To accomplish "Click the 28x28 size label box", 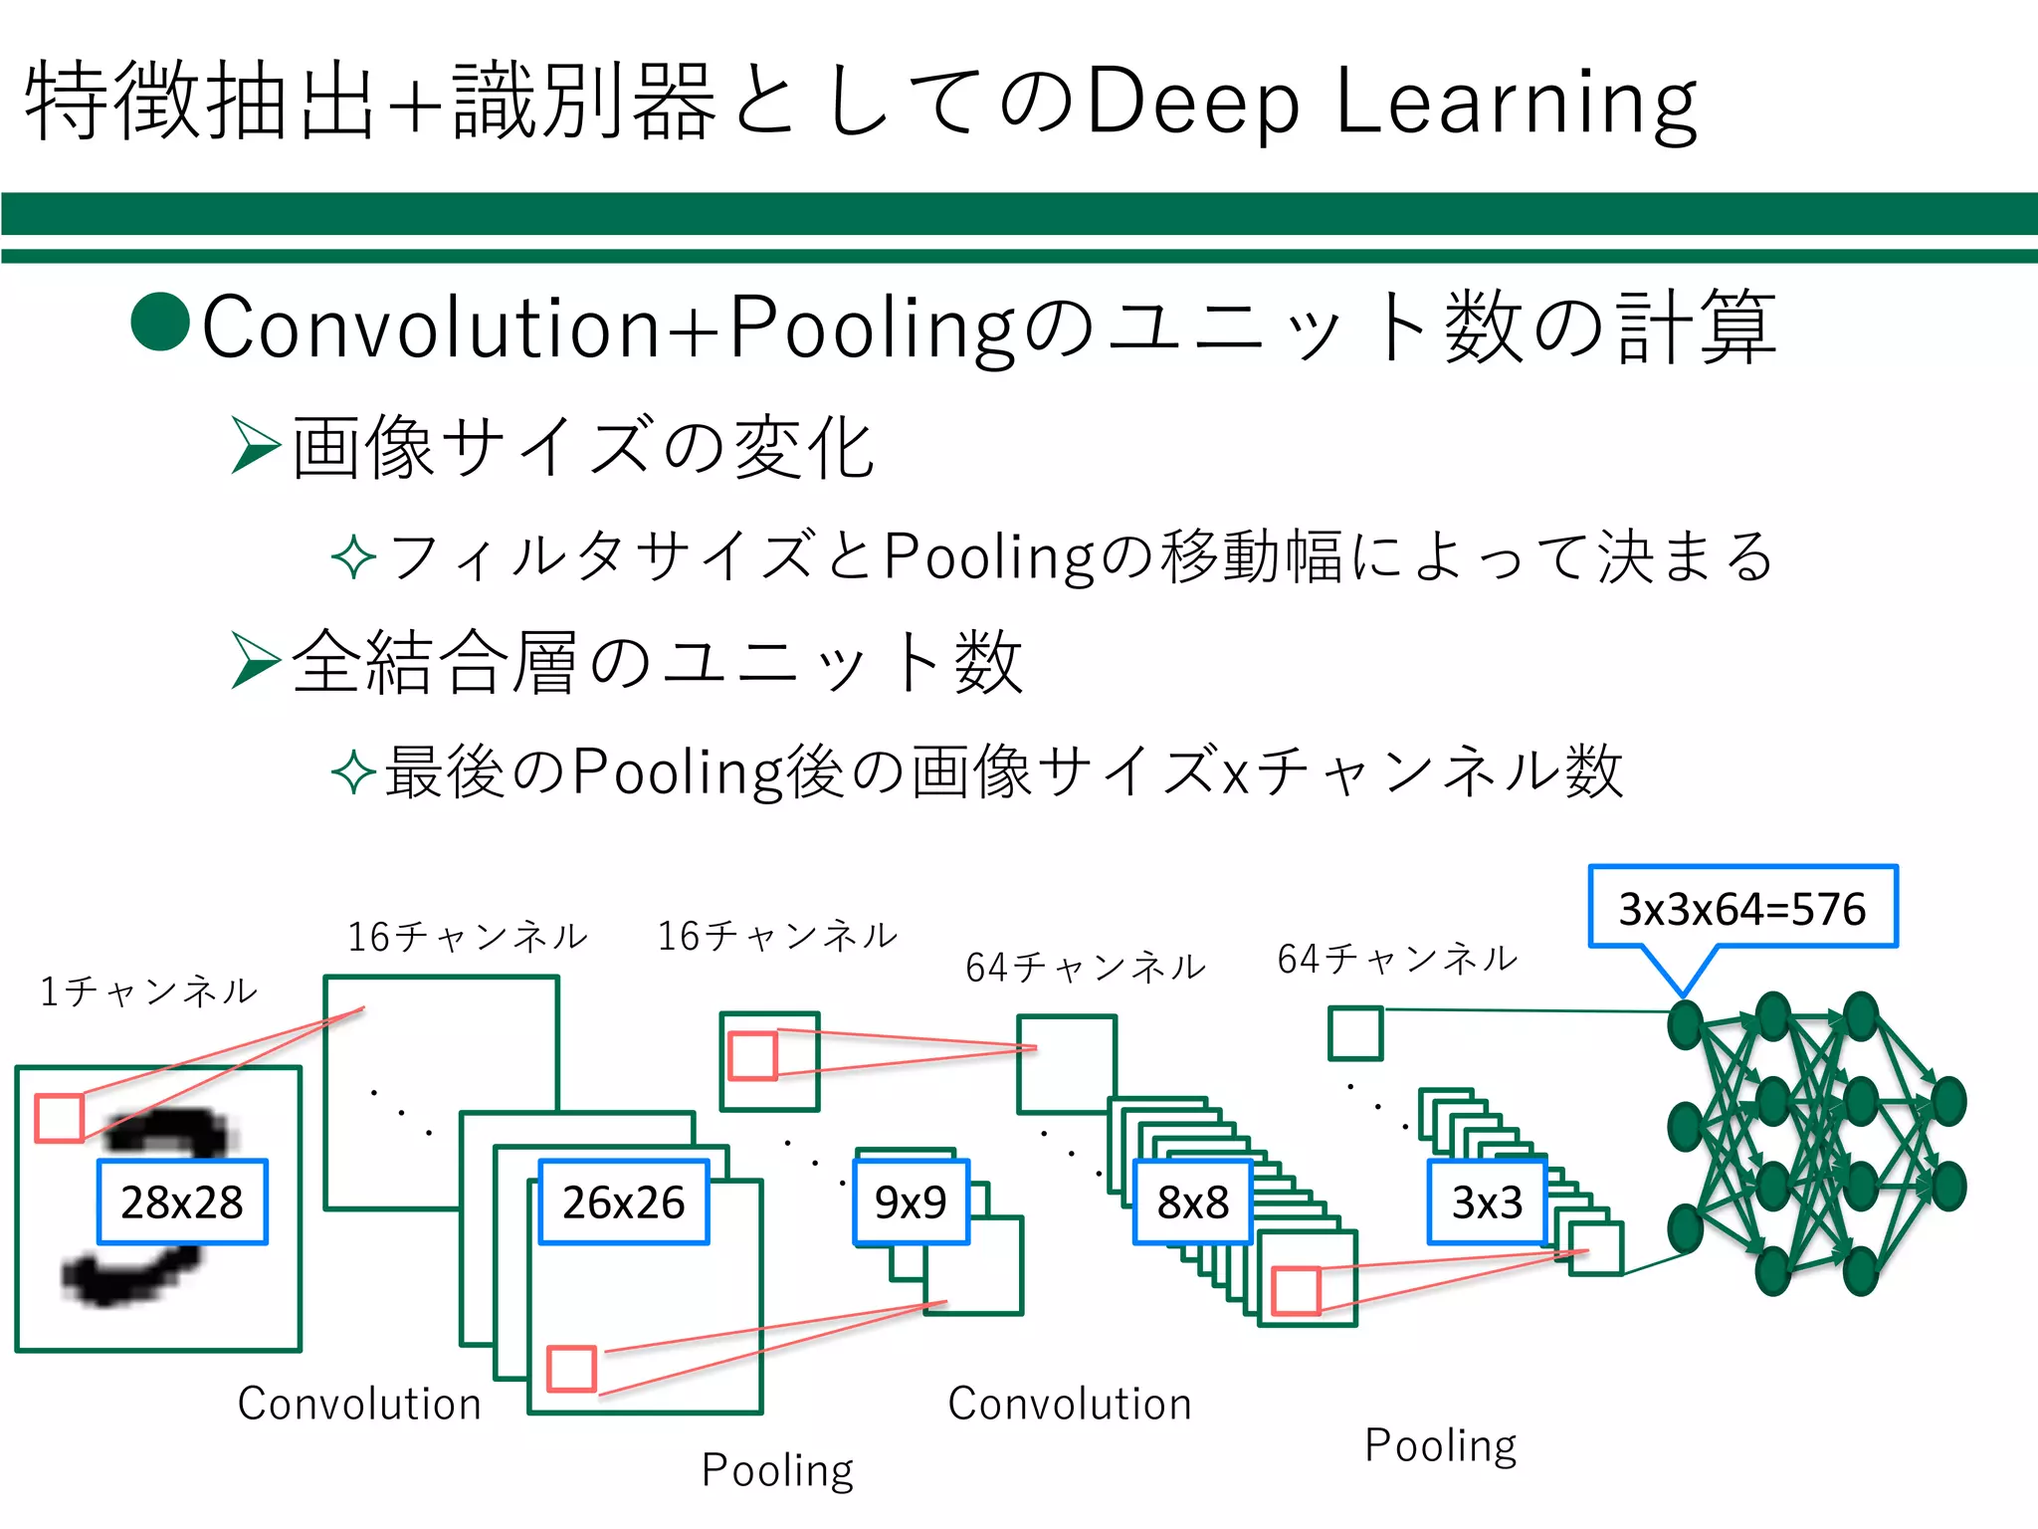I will point(182,1201).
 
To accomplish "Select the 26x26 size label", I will point(624,1201).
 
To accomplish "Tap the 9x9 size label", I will point(911,1201).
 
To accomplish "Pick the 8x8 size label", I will point(1192,1201).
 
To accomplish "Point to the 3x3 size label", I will point(1487,1201).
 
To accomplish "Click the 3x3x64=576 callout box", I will point(1741,907).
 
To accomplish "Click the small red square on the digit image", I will point(60,1118).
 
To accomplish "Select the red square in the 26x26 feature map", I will point(572,1369).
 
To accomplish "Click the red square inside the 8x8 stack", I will point(1297,1291).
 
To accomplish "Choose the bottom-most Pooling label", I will point(777,1470).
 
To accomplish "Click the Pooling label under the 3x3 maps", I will point(1440,1445).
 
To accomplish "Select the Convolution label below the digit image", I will point(359,1404).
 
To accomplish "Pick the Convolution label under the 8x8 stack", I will point(1070,1404).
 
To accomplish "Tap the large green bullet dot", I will point(160,322).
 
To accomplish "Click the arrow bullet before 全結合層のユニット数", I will point(256,660).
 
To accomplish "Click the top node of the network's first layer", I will point(1685,1025).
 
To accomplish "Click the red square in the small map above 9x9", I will point(752,1056).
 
